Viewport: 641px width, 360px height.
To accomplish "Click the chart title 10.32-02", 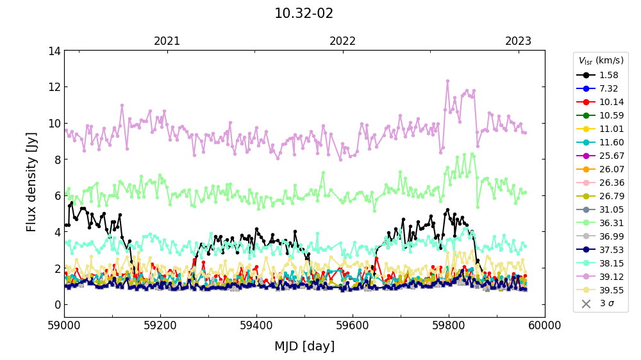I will [304, 13].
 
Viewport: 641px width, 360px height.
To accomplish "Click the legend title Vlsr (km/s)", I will [601, 61].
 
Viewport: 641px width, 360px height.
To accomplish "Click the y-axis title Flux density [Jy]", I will [31, 182].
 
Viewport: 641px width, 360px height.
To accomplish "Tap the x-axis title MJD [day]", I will [304, 347].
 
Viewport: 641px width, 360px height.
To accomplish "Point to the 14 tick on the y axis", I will [54, 51].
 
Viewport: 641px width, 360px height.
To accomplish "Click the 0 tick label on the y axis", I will [56, 304].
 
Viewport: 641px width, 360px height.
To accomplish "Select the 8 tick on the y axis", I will [56, 160].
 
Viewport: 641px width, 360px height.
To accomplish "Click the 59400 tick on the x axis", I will [256, 325].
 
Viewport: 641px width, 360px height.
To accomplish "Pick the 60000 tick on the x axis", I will [544, 325].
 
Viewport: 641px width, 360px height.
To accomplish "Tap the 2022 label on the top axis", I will [343, 42].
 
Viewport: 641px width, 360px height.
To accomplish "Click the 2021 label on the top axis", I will [167, 42].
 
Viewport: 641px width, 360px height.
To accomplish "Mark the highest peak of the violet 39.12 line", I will [447, 81].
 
